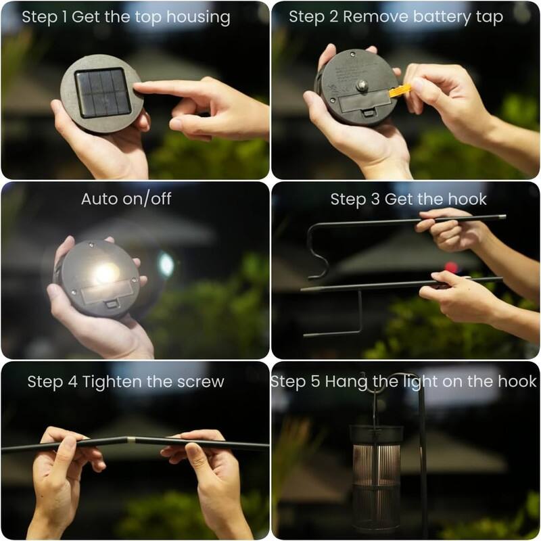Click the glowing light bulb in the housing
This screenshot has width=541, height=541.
pos(105,273)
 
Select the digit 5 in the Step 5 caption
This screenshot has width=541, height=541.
pos(314,381)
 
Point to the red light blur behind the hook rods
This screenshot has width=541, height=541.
pos(451,267)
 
